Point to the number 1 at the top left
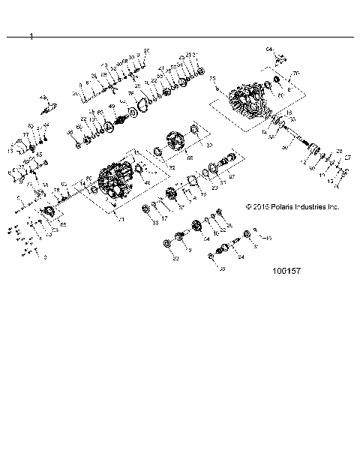coord(31,35)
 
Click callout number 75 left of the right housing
coord(212,80)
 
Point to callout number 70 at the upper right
coord(295,73)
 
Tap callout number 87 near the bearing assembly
coord(232,177)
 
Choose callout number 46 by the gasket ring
coord(147,182)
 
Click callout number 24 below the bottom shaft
coord(241,257)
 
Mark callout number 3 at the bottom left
coord(45,257)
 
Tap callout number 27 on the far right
coord(347,158)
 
